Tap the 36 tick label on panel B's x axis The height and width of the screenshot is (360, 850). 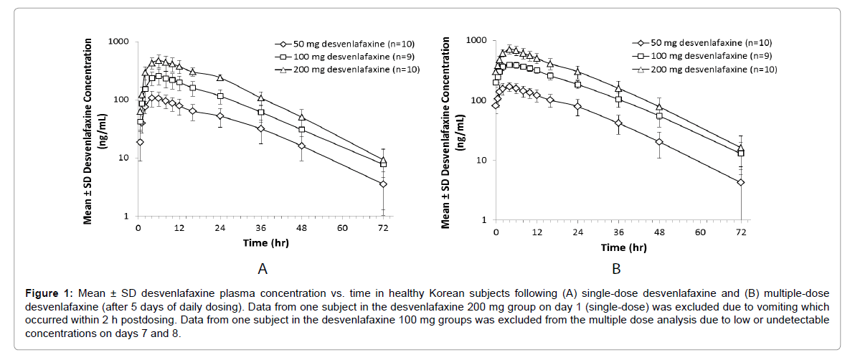tap(618, 232)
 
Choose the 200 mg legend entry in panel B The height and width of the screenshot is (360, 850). tap(704, 70)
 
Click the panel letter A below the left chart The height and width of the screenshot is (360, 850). tap(263, 269)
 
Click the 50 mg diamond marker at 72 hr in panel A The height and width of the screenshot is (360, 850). tap(383, 184)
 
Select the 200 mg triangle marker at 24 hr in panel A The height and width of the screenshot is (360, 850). tap(220, 77)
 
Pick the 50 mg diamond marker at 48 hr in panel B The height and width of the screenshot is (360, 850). tap(659, 142)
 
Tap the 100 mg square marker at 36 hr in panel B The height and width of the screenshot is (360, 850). tap(618, 99)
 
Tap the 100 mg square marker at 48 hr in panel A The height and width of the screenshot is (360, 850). tap(302, 130)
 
